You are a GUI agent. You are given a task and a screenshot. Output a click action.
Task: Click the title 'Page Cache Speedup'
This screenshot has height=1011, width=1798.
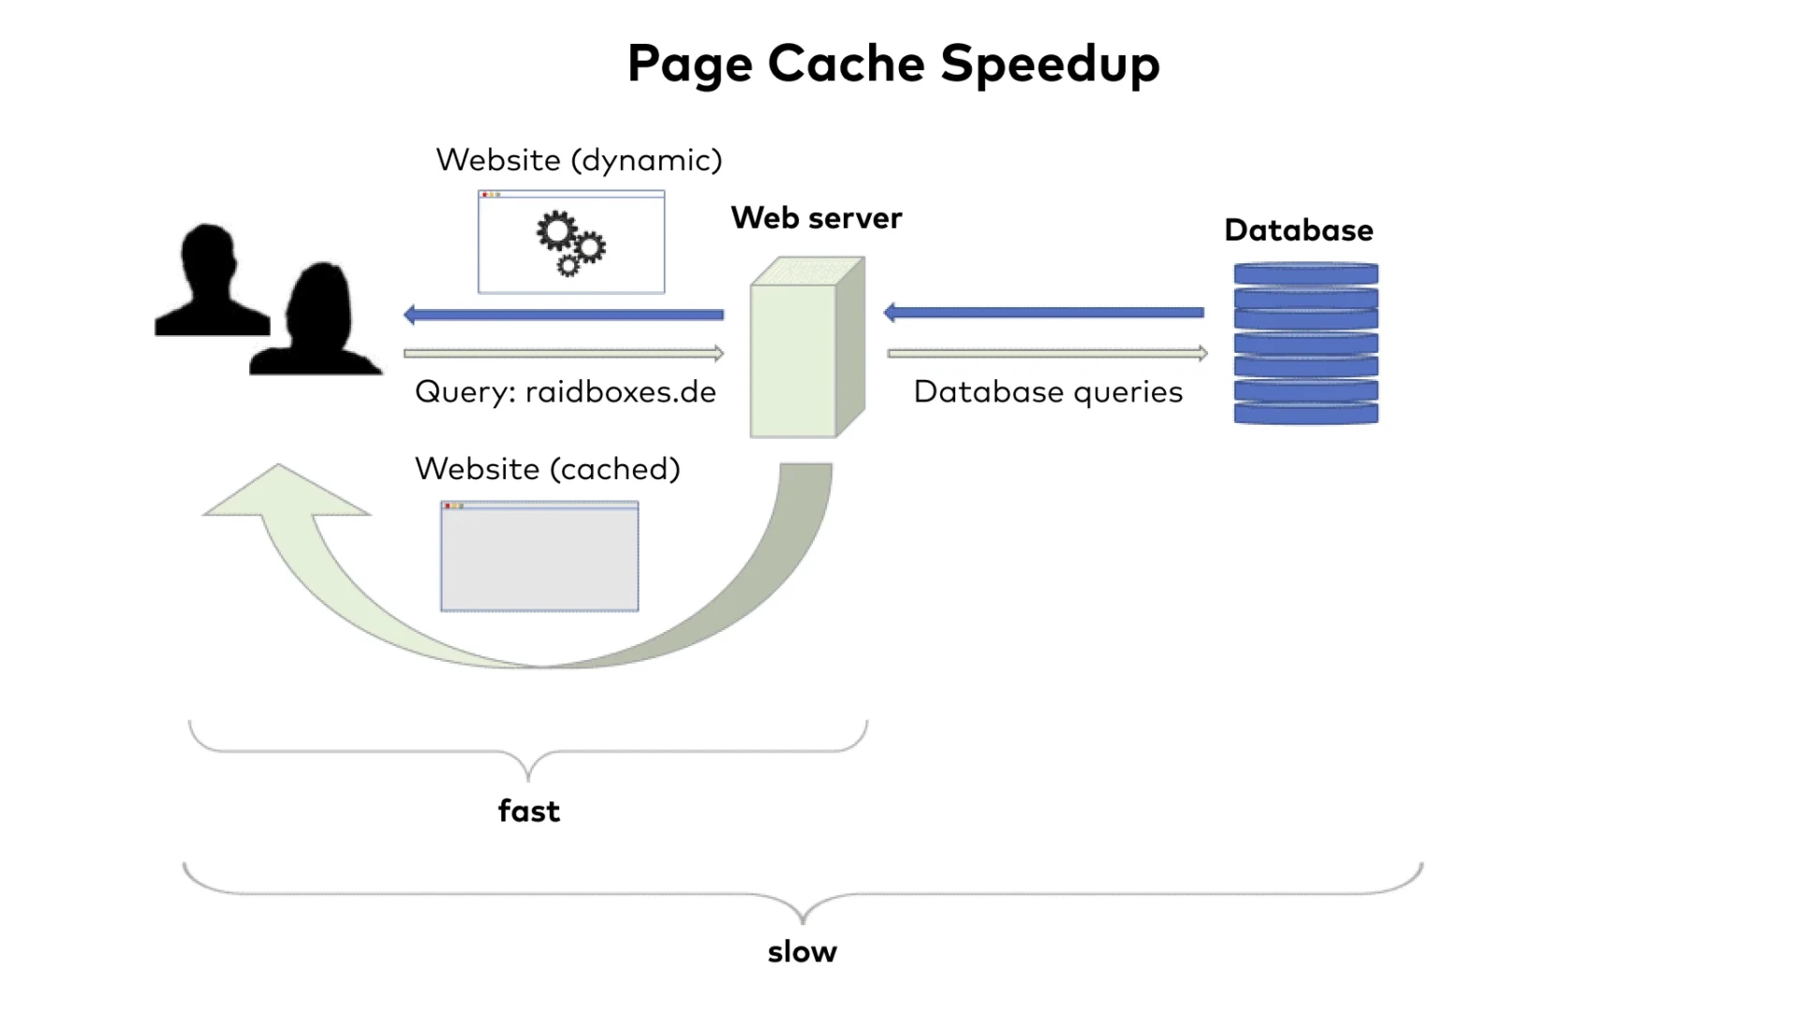[893, 64]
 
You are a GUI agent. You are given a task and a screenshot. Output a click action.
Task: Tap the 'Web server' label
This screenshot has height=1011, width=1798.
[816, 218]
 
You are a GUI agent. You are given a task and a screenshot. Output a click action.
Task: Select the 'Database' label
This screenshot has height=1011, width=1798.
[1298, 230]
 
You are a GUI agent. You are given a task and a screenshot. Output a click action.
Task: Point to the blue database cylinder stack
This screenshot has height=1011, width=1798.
[1305, 344]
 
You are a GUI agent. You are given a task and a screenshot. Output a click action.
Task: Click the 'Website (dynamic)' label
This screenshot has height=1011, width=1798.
[579, 160]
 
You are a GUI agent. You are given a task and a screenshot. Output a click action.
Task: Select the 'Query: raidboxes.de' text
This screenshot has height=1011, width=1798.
[565, 391]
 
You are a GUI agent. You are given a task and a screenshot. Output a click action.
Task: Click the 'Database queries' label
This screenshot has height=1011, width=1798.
[1048, 391]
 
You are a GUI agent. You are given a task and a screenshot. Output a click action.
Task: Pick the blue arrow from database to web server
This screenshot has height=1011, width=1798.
[1043, 313]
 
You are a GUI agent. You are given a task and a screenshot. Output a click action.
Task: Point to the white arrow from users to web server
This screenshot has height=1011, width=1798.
[563, 353]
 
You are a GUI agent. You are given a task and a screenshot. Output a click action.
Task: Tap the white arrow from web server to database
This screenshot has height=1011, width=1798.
[1047, 353]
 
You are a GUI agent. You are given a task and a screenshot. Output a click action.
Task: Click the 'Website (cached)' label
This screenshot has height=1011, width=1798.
[547, 469]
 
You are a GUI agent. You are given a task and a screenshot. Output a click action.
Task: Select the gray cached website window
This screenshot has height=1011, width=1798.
[539, 557]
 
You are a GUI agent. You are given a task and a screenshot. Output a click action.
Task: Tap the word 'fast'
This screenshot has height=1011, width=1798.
[529, 811]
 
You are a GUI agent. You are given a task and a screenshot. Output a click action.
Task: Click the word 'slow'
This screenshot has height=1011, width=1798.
[802, 952]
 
